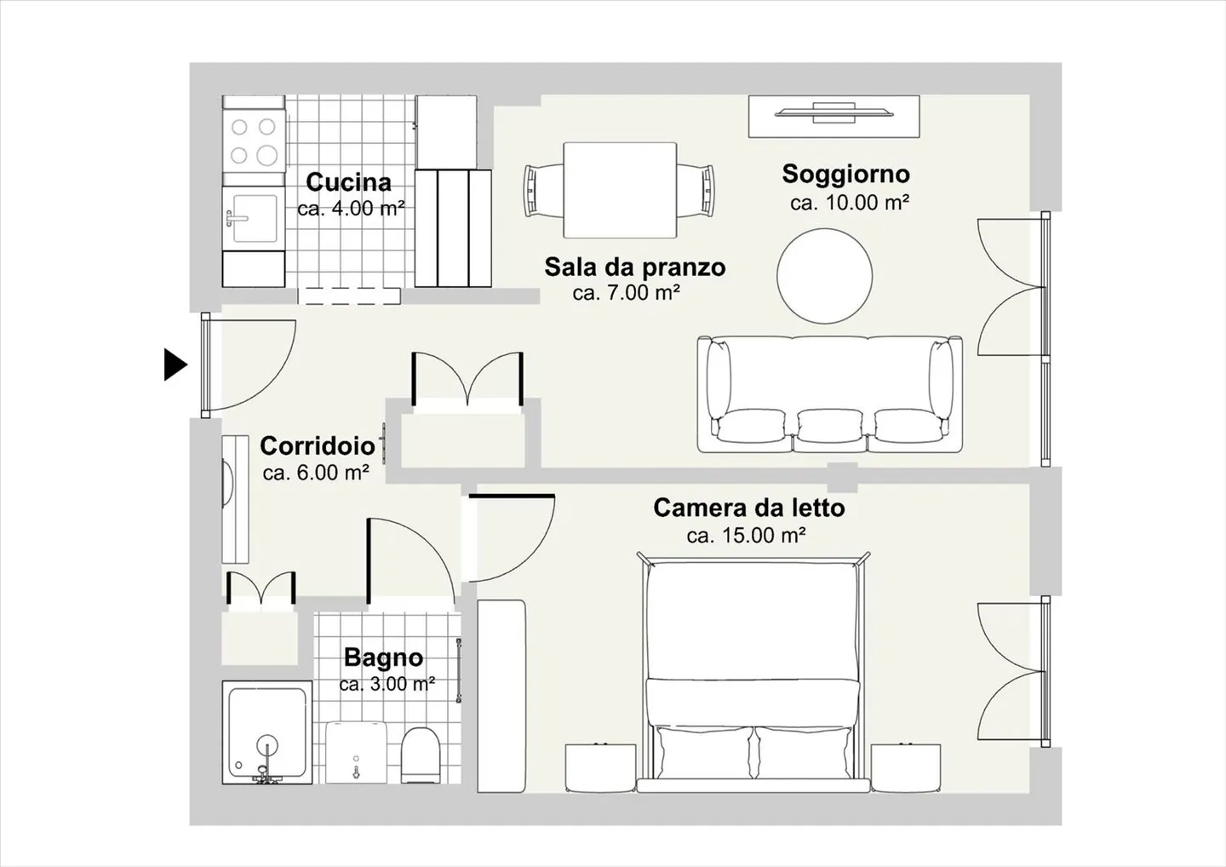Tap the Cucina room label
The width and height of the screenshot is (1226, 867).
click(349, 182)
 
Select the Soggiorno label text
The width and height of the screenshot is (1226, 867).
click(845, 174)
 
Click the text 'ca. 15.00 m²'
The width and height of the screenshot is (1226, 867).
click(746, 536)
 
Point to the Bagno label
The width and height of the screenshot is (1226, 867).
click(383, 657)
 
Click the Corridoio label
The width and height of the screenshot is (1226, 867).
click(317, 445)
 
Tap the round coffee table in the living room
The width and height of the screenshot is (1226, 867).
click(824, 275)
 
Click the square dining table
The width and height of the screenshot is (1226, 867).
click(620, 190)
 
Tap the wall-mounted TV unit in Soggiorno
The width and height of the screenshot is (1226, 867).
click(834, 115)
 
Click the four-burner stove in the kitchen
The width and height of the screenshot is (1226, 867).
click(253, 141)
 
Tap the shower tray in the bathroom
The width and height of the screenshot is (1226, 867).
click(266, 732)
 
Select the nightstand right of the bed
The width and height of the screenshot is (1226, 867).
click(905, 767)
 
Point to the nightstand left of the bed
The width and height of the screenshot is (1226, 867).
click(600, 767)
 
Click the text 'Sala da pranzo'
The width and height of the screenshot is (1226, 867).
click(634, 267)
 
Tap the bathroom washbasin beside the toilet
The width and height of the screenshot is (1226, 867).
click(357, 753)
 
